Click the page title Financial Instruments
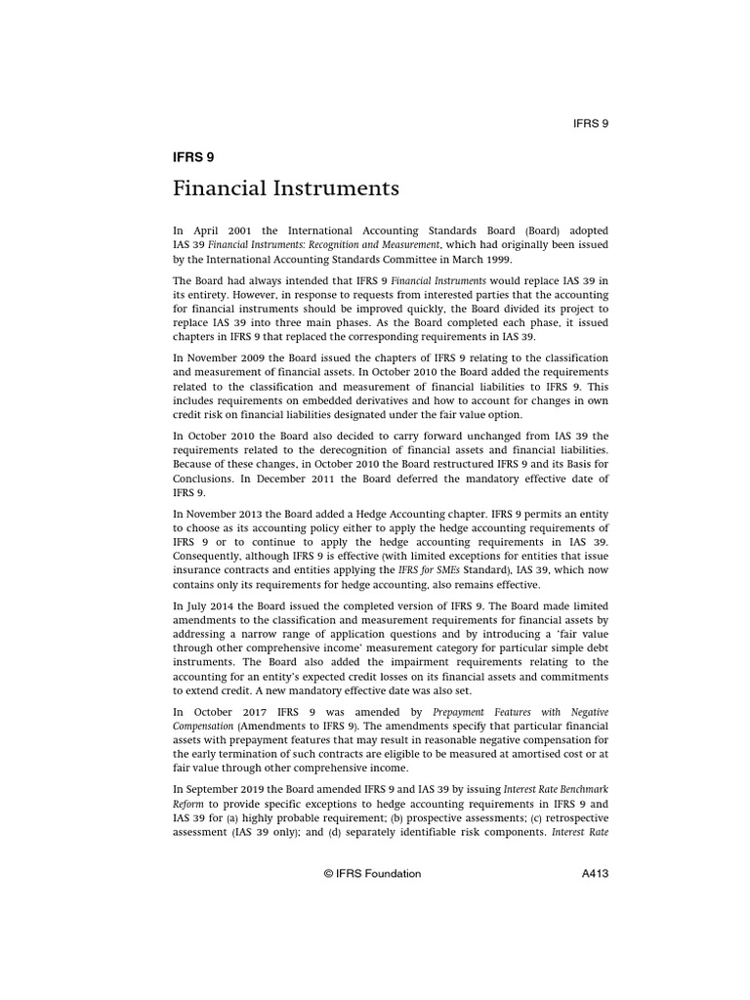[286, 187]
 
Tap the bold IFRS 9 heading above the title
[192, 155]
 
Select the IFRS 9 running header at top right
[591, 123]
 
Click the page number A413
[592, 874]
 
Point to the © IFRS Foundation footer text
[372, 874]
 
